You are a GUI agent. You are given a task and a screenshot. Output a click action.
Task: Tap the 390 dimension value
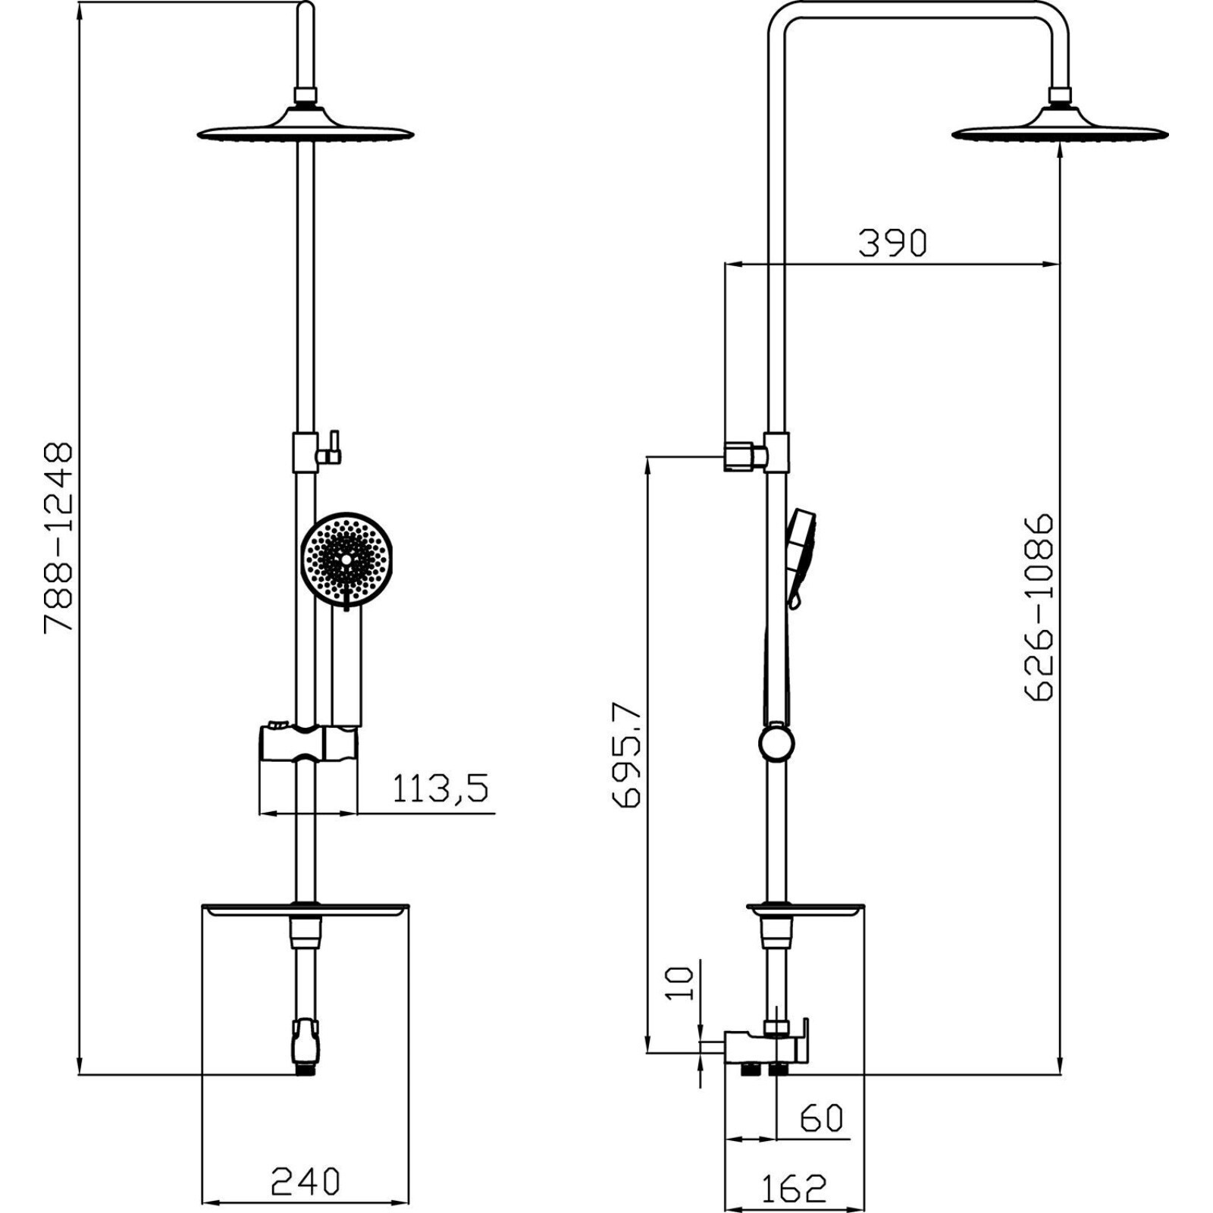click(x=892, y=243)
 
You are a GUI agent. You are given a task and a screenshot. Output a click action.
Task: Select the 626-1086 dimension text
click(x=1039, y=607)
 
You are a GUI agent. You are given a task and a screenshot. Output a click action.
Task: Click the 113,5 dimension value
click(x=440, y=790)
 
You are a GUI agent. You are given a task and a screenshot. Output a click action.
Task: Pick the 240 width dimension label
click(x=306, y=1181)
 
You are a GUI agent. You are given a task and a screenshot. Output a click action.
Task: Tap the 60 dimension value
click(x=821, y=1118)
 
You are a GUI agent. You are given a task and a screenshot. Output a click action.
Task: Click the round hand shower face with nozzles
click(x=347, y=559)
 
